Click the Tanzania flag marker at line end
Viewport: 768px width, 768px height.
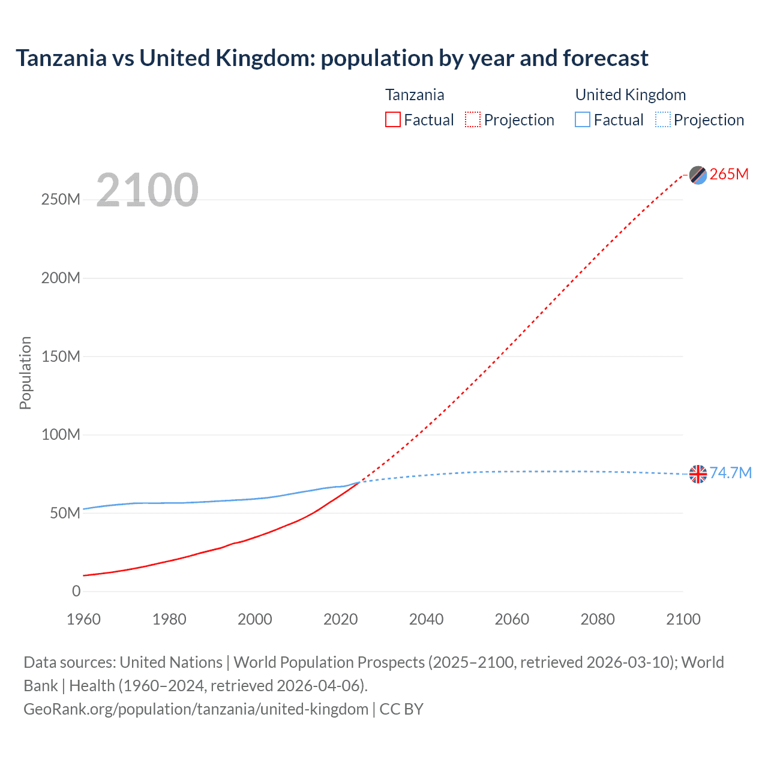[698, 175]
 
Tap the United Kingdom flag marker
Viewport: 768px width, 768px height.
[698, 474]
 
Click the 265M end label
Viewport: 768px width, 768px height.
[729, 174]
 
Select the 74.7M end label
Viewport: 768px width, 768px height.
[730, 473]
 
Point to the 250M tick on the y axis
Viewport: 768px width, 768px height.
[61, 200]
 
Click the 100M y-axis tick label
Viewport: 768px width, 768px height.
[61, 434]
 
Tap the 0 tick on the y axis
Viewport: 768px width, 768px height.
[76, 591]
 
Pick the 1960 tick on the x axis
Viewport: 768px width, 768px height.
[83, 619]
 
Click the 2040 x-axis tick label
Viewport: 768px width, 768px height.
[426, 619]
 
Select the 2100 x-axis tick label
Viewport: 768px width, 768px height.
[683, 619]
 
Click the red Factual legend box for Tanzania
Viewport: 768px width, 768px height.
[393, 120]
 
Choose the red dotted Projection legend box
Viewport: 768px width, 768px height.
[473, 120]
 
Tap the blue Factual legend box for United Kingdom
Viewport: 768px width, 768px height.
[583, 120]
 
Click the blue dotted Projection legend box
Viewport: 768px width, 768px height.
[663, 120]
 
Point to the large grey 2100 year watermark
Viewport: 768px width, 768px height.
[147, 190]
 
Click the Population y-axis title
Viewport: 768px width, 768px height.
[25, 373]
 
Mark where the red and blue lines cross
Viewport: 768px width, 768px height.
[359, 482]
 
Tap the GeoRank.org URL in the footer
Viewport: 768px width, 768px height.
[196, 709]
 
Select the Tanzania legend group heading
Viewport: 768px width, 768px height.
[415, 95]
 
